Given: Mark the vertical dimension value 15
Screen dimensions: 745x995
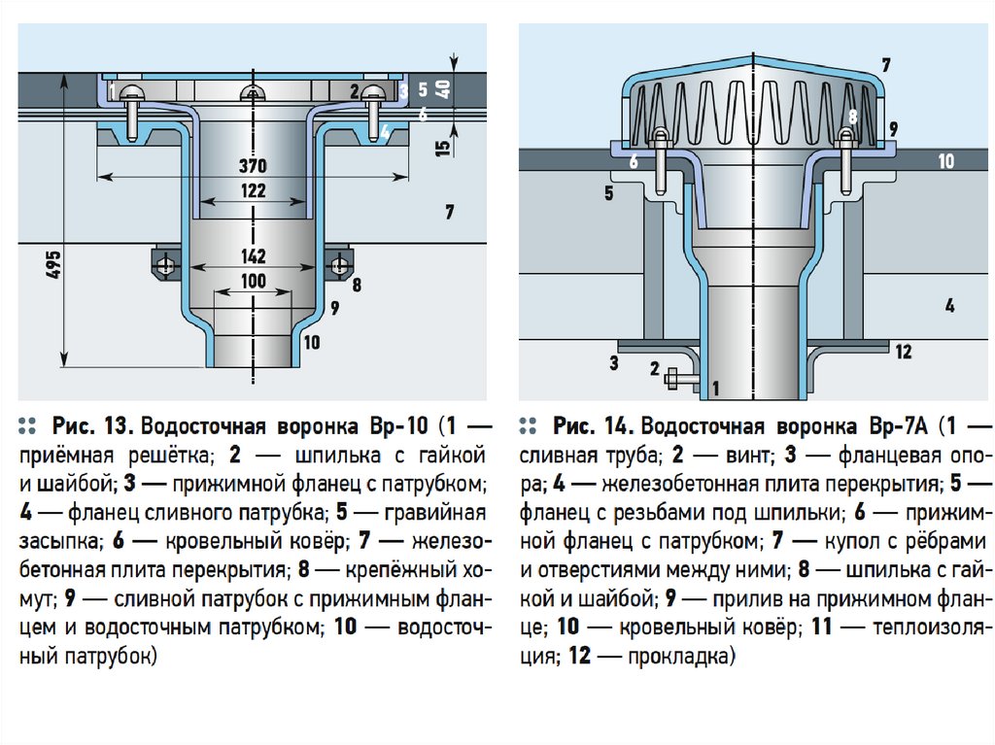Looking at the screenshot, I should (445, 149).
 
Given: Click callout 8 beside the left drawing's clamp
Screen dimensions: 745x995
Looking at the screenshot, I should (357, 286).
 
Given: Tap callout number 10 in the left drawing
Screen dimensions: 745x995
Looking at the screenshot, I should (311, 341).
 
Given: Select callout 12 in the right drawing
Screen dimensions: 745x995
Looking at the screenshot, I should (904, 352).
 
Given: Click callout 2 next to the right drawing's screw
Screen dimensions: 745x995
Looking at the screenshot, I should (655, 369).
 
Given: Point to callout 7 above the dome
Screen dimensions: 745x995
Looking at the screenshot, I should (885, 65).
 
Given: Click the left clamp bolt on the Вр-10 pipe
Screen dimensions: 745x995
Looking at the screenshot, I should (165, 264).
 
